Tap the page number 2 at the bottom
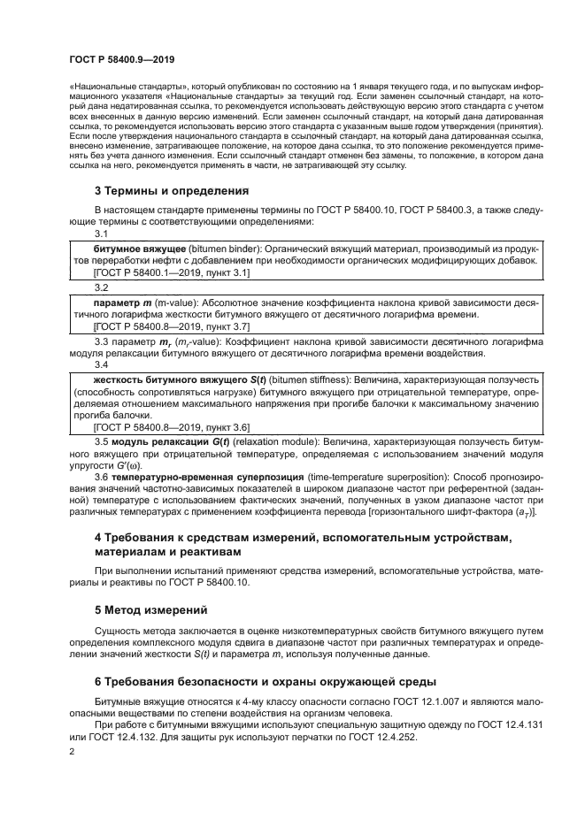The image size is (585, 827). coord(72,750)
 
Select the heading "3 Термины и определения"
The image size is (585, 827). coord(166,191)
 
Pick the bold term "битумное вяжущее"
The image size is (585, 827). coord(142,250)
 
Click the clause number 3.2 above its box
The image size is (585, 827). coord(101,287)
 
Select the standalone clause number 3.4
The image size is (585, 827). coord(101,364)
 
